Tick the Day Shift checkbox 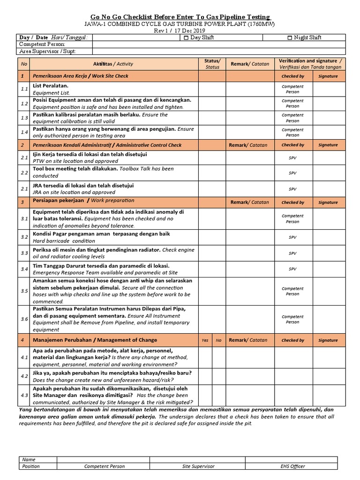pos(186,37)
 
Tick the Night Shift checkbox pos(290,37)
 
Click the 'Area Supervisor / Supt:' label pos(46,52)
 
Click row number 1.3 pos(24,118)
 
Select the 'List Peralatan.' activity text pos(50,86)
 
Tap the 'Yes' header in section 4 pos(205,340)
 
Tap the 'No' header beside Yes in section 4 pos(218,340)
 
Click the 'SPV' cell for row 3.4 pos(292,269)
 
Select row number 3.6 pos(24,319)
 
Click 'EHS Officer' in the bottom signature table pos(293,466)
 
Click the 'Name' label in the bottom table pos(29,460)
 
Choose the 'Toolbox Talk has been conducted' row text pos(103,172)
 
